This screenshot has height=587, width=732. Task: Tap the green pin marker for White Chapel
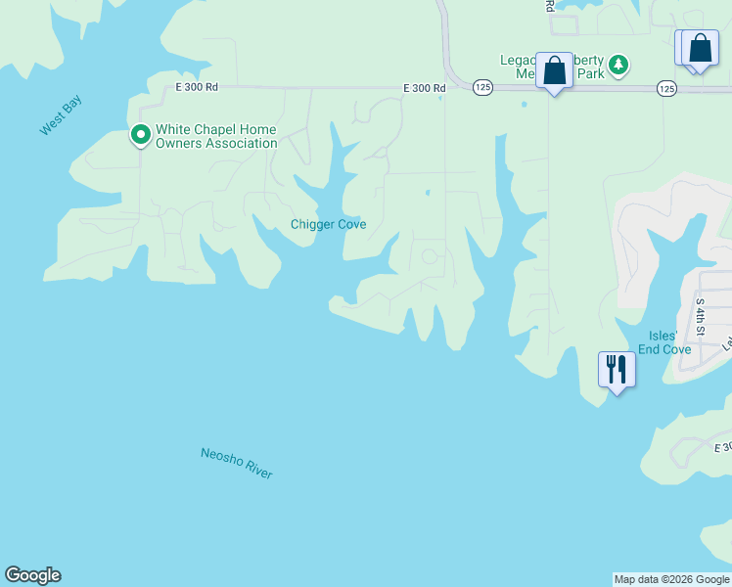tap(140, 135)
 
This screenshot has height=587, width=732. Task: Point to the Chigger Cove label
tap(328, 224)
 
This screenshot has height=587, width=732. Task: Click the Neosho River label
tap(236, 463)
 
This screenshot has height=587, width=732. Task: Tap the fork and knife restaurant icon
tap(617, 369)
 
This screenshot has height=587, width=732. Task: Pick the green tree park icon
tap(618, 66)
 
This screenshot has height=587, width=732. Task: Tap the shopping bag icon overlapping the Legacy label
tap(554, 71)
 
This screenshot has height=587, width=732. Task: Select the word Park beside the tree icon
tap(590, 74)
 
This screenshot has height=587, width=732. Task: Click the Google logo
tap(32, 575)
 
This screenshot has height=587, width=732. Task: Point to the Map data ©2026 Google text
tap(670, 579)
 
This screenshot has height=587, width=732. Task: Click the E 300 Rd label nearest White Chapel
tap(197, 87)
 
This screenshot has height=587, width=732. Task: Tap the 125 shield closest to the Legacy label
tap(482, 88)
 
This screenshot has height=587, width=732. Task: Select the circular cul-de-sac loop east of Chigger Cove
tap(429, 257)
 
